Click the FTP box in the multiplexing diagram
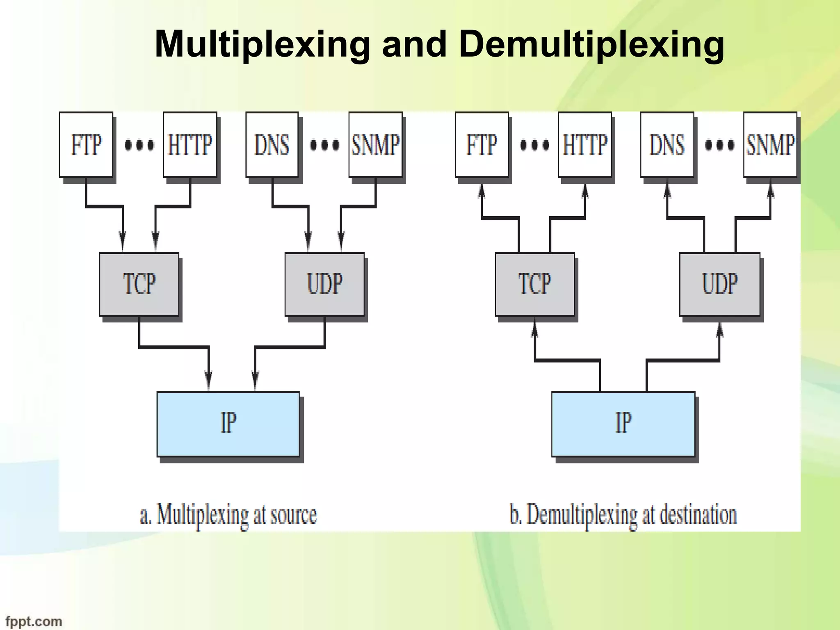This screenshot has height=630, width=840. point(86,145)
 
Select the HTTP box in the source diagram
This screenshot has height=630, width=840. point(190,145)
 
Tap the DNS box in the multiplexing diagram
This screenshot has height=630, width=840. point(272,145)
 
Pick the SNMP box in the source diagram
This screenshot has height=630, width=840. point(375,145)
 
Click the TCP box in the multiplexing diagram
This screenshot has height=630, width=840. point(139,284)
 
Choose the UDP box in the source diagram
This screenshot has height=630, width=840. point(324,284)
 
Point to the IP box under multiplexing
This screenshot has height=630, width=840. point(228,424)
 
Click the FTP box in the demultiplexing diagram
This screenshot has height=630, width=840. point(482,145)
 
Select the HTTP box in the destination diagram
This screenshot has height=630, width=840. point(585,145)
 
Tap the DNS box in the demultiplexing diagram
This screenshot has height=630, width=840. point(667,145)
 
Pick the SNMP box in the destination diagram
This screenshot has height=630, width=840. point(770,145)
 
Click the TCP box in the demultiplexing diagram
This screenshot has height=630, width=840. point(534,284)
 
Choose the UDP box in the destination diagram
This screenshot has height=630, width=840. point(720,284)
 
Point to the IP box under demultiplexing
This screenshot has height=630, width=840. point(623,424)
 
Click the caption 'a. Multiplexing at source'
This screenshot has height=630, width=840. point(228,515)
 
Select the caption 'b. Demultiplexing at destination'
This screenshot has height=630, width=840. point(623,515)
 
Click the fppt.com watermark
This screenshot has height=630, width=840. point(34,621)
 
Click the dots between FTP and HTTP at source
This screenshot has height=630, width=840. point(139,145)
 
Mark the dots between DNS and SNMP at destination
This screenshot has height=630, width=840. point(720,145)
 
